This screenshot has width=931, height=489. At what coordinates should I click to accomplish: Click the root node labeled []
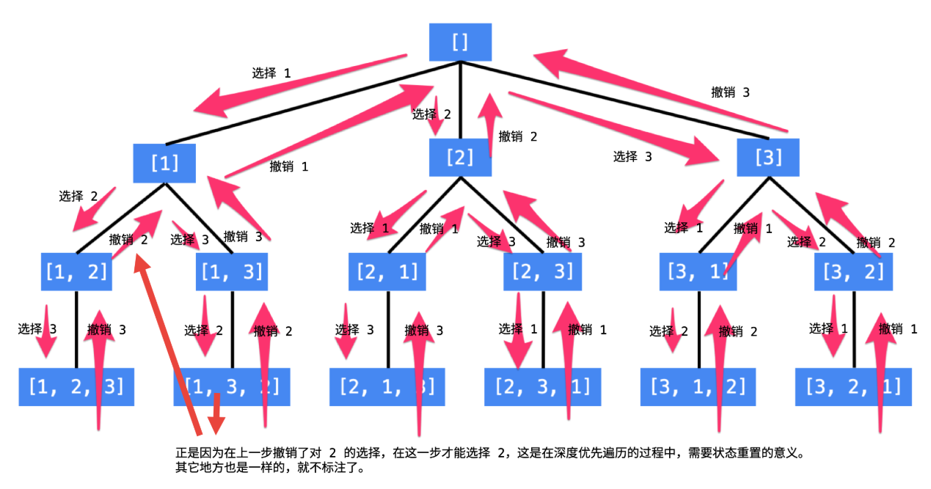460,42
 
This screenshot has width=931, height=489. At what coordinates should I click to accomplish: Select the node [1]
164,162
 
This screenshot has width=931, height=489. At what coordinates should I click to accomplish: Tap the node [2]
460,157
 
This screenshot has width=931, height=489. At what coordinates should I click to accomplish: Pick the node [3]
768,157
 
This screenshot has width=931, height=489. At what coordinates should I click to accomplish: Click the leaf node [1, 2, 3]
76,386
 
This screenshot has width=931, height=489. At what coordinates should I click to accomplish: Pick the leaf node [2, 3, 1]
543,386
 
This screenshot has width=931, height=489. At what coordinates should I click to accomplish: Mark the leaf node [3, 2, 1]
854,386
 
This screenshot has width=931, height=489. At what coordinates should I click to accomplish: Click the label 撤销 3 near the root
730,92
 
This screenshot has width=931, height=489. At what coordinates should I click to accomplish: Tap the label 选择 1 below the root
271,73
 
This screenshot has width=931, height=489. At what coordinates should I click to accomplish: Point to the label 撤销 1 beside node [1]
289,166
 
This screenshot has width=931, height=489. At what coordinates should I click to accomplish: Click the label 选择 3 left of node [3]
632,156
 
